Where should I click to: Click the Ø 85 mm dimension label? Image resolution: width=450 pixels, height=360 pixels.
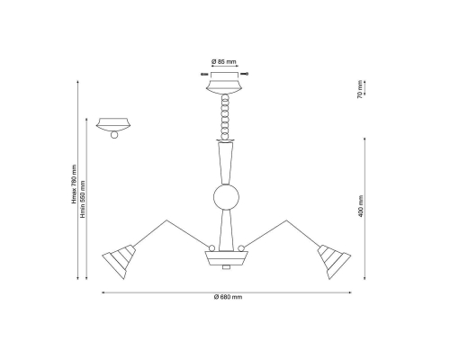pos(224,62)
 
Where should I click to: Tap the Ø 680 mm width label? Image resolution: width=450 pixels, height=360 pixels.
pos(228,297)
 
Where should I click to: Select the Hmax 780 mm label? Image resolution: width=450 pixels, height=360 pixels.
pos(74,184)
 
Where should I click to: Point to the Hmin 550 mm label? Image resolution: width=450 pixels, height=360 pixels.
pos(83,200)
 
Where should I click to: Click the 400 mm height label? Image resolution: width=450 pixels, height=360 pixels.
pos(361,206)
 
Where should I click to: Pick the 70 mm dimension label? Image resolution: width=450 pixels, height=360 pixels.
pos(361,90)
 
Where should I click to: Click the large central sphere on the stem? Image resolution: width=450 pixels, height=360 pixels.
pos(226,197)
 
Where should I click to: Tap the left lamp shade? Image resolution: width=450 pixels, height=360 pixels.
pos(119,262)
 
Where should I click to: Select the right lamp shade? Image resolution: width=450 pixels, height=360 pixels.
pos(334,262)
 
